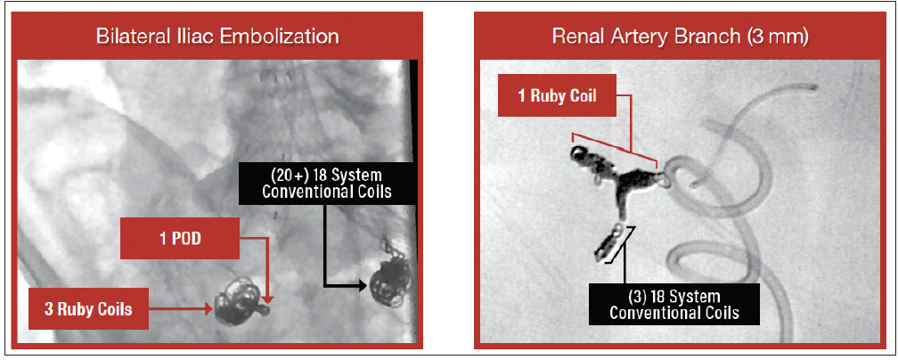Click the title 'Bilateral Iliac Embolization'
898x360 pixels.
(x=217, y=37)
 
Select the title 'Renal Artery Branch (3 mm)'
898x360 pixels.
(x=680, y=37)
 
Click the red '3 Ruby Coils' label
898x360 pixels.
(x=89, y=310)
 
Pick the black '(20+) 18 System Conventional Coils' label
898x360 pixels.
(x=326, y=183)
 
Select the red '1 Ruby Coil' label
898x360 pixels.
(x=558, y=95)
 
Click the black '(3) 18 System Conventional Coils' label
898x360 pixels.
(x=673, y=305)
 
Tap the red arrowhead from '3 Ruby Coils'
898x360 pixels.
(x=208, y=309)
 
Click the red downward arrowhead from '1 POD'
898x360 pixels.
(x=267, y=299)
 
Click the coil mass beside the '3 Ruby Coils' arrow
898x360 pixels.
(x=240, y=303)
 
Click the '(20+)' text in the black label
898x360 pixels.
(x=281, y=175)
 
